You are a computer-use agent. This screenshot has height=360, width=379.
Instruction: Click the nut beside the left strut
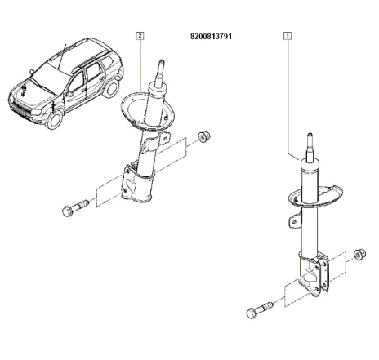[x=204, y=134]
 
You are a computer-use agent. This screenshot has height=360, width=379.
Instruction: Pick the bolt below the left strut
[x=74, y=210]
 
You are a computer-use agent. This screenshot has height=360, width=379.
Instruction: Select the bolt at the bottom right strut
[x=256, y=311]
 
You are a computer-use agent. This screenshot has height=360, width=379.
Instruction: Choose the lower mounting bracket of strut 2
[x=135, y=181]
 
